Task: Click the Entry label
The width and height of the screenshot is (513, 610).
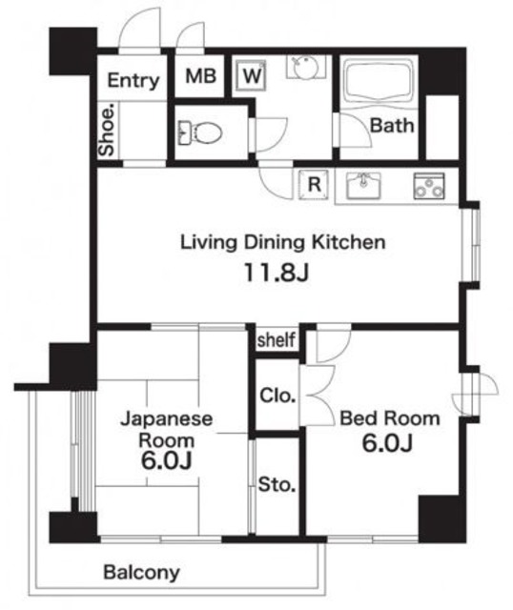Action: coord(133,81)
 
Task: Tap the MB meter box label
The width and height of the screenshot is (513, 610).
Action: coord(200,76)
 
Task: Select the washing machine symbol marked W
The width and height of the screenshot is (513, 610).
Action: coord(252,75)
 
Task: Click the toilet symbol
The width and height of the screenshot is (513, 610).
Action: coord(200,132)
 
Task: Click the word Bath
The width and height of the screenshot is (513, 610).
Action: coord(392,126)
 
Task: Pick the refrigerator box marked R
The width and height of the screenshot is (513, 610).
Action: coord(314,185)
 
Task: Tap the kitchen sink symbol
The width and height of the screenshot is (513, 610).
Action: coord(363,185)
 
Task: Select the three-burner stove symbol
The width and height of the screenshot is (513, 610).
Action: coord(429,186)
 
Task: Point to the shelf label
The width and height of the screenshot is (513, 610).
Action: coord(276,339)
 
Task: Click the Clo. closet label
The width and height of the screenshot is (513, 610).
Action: coord(277,396)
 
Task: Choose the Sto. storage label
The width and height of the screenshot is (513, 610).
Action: coord(277,484)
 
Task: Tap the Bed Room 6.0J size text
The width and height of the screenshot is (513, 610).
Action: coord(387,443)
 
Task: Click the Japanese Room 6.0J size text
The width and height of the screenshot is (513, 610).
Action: coord(166,461)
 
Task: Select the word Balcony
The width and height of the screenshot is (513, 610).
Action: coord(141,572)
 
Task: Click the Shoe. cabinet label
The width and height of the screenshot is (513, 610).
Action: coord(108,130)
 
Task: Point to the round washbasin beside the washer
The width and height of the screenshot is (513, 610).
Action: coord(306,67)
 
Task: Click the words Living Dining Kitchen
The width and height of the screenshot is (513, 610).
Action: coord(283,242)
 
